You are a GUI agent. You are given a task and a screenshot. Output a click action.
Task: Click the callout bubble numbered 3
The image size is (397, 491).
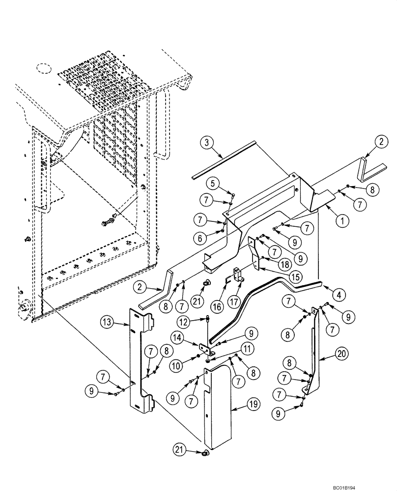point(207,144)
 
